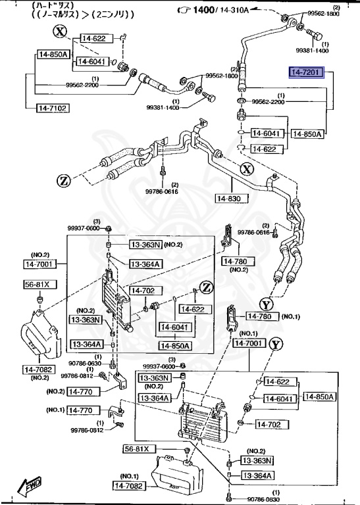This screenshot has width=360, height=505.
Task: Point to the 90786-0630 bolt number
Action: (85, 363)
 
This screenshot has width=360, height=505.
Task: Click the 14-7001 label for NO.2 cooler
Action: (41, 264)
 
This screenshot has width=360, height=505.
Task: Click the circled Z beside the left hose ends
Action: (64, 180)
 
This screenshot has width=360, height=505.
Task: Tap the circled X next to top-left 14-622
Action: (60, 31)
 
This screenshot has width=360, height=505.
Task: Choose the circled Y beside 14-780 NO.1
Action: (265, 304)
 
